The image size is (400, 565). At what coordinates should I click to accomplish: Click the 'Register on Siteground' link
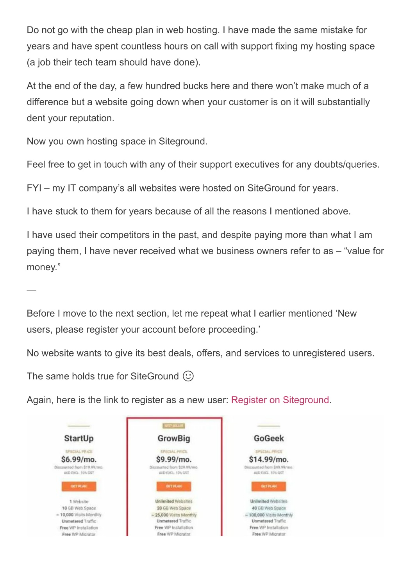(280, 400)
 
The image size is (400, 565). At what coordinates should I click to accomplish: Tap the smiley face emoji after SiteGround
(188, 376)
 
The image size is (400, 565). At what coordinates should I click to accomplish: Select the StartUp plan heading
(79, 439)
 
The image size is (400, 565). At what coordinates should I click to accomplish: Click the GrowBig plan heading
(174, 439)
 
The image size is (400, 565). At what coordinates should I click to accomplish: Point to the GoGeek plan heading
(269, 439)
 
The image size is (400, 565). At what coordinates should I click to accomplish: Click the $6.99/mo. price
(79, 459)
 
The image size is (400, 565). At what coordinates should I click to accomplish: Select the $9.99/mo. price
(174, 459)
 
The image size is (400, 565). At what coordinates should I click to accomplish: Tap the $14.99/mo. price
(269, 459)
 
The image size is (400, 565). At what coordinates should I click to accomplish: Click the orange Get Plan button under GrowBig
(174, 486)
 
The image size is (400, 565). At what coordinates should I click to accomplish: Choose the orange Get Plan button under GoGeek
(269, 486)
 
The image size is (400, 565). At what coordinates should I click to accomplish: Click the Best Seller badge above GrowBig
(174, 426)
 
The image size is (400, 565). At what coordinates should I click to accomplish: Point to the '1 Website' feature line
(79, 501)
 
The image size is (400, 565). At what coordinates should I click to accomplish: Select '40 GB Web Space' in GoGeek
(269, 508)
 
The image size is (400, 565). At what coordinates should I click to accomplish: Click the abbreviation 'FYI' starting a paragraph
(34, 188)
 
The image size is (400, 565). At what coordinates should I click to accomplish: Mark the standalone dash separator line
(31, 290)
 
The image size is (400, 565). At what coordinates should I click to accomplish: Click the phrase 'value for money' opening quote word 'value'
(357, 251)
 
